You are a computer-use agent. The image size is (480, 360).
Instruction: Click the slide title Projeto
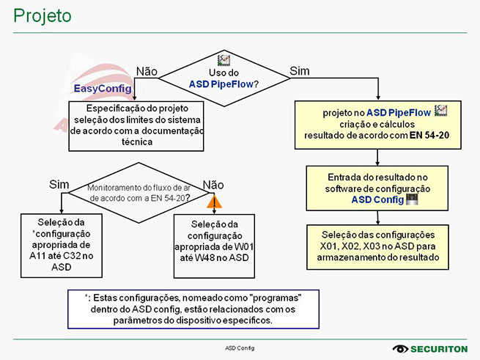(x=43, y=15)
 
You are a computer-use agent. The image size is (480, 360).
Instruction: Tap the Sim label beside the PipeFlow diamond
(x=300, y=70)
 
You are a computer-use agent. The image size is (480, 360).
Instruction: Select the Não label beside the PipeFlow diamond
(x=147, y=71)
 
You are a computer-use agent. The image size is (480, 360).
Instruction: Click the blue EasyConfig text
(x=103, y=88)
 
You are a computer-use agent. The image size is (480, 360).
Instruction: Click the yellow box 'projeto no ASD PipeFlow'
(x=377, y=125)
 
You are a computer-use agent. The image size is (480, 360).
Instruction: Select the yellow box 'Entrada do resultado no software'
(x=377, y=188)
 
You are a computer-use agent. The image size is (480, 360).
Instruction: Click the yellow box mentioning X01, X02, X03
(x=377, y=246)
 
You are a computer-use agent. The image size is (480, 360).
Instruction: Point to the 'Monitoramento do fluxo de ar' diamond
(x=139, y=192)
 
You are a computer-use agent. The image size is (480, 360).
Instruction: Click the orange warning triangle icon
(x=214, y=200)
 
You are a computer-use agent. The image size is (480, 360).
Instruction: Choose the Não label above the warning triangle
(x=213, y=184)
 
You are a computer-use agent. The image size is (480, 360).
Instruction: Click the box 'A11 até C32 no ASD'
(x=62, y=244)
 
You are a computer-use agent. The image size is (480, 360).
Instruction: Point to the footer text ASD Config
(x=240, y=348)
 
